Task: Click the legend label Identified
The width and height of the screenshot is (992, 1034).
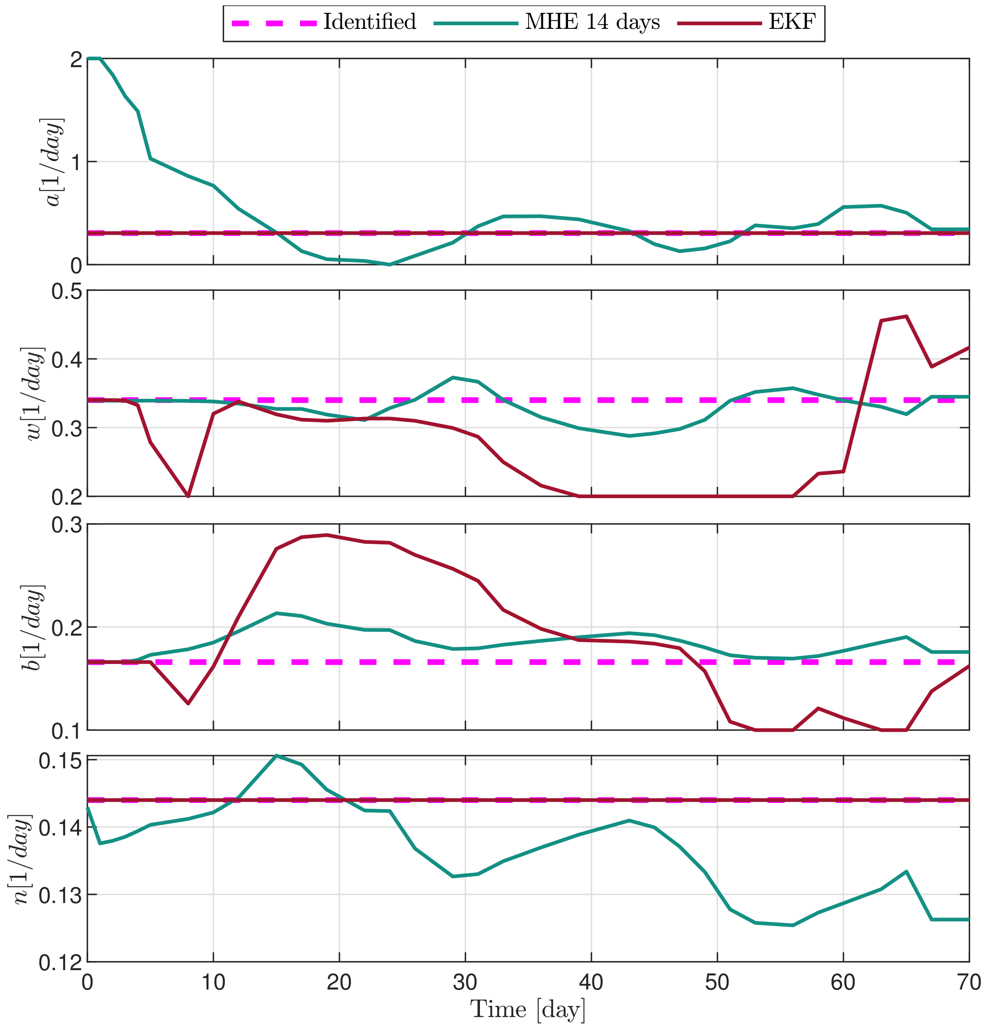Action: point(370,22)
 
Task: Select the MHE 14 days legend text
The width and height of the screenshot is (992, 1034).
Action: point(592,22)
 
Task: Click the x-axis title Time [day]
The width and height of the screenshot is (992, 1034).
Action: point(528,1009)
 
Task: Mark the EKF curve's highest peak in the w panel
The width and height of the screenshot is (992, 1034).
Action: point(906,316)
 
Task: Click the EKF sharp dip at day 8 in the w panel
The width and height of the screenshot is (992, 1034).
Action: point(188,496)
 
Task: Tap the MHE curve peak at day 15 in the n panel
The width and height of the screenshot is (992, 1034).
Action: point(276,756)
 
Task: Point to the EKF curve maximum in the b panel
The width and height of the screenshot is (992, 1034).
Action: point(327,535)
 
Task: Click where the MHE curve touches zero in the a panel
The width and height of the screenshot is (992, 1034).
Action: point(389,264)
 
